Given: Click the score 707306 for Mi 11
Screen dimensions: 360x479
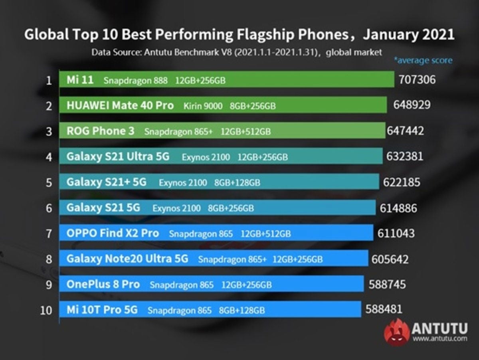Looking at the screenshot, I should click(x=417, y=80).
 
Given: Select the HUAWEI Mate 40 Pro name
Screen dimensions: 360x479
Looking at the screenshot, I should click(x=120, y=105).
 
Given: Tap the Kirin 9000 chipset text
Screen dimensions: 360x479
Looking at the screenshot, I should click(x=203, y=106).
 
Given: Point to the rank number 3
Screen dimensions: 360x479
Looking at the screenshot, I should click(x=49, y=131).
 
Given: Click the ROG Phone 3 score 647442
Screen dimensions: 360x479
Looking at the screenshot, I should click(x=405, y=131).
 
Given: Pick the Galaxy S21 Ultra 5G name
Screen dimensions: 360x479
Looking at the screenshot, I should click(x=118, y=157).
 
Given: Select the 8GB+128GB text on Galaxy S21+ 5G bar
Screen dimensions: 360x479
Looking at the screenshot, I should click(x=237, y=183).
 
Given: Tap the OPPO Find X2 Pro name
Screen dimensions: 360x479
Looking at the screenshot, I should click(x=113, y=233).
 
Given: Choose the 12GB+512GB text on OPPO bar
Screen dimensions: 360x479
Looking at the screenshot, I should click(x=265, y=234).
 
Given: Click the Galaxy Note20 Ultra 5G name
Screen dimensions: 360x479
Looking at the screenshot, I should click(x=127, y=259).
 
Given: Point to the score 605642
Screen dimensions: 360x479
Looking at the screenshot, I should click(x=390, y=259).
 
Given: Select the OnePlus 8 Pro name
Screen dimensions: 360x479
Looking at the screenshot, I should click(x=103, y=285).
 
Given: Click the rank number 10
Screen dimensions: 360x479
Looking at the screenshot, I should click(x=46, y=310).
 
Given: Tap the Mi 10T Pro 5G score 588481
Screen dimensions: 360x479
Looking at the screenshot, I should click(x=384, y=309).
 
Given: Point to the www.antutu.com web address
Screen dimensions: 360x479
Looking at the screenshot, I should click(x=439, y=339).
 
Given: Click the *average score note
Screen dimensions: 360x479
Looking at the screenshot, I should click(x=423, y=61).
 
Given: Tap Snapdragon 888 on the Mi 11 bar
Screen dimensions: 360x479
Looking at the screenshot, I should click(x=136, y=81).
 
